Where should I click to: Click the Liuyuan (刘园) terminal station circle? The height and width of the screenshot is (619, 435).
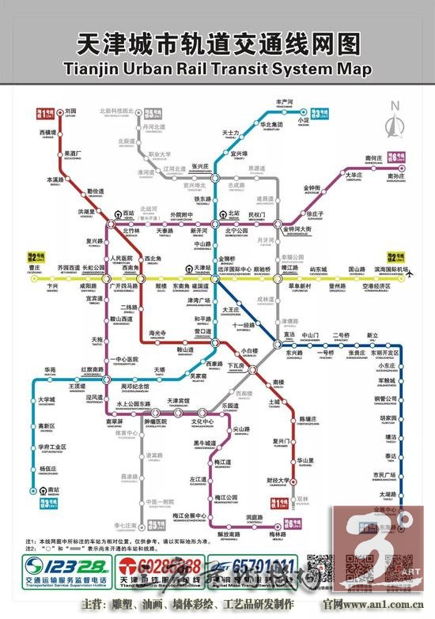point(60,111)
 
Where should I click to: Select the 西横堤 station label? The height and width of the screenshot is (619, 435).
point(48,133)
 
